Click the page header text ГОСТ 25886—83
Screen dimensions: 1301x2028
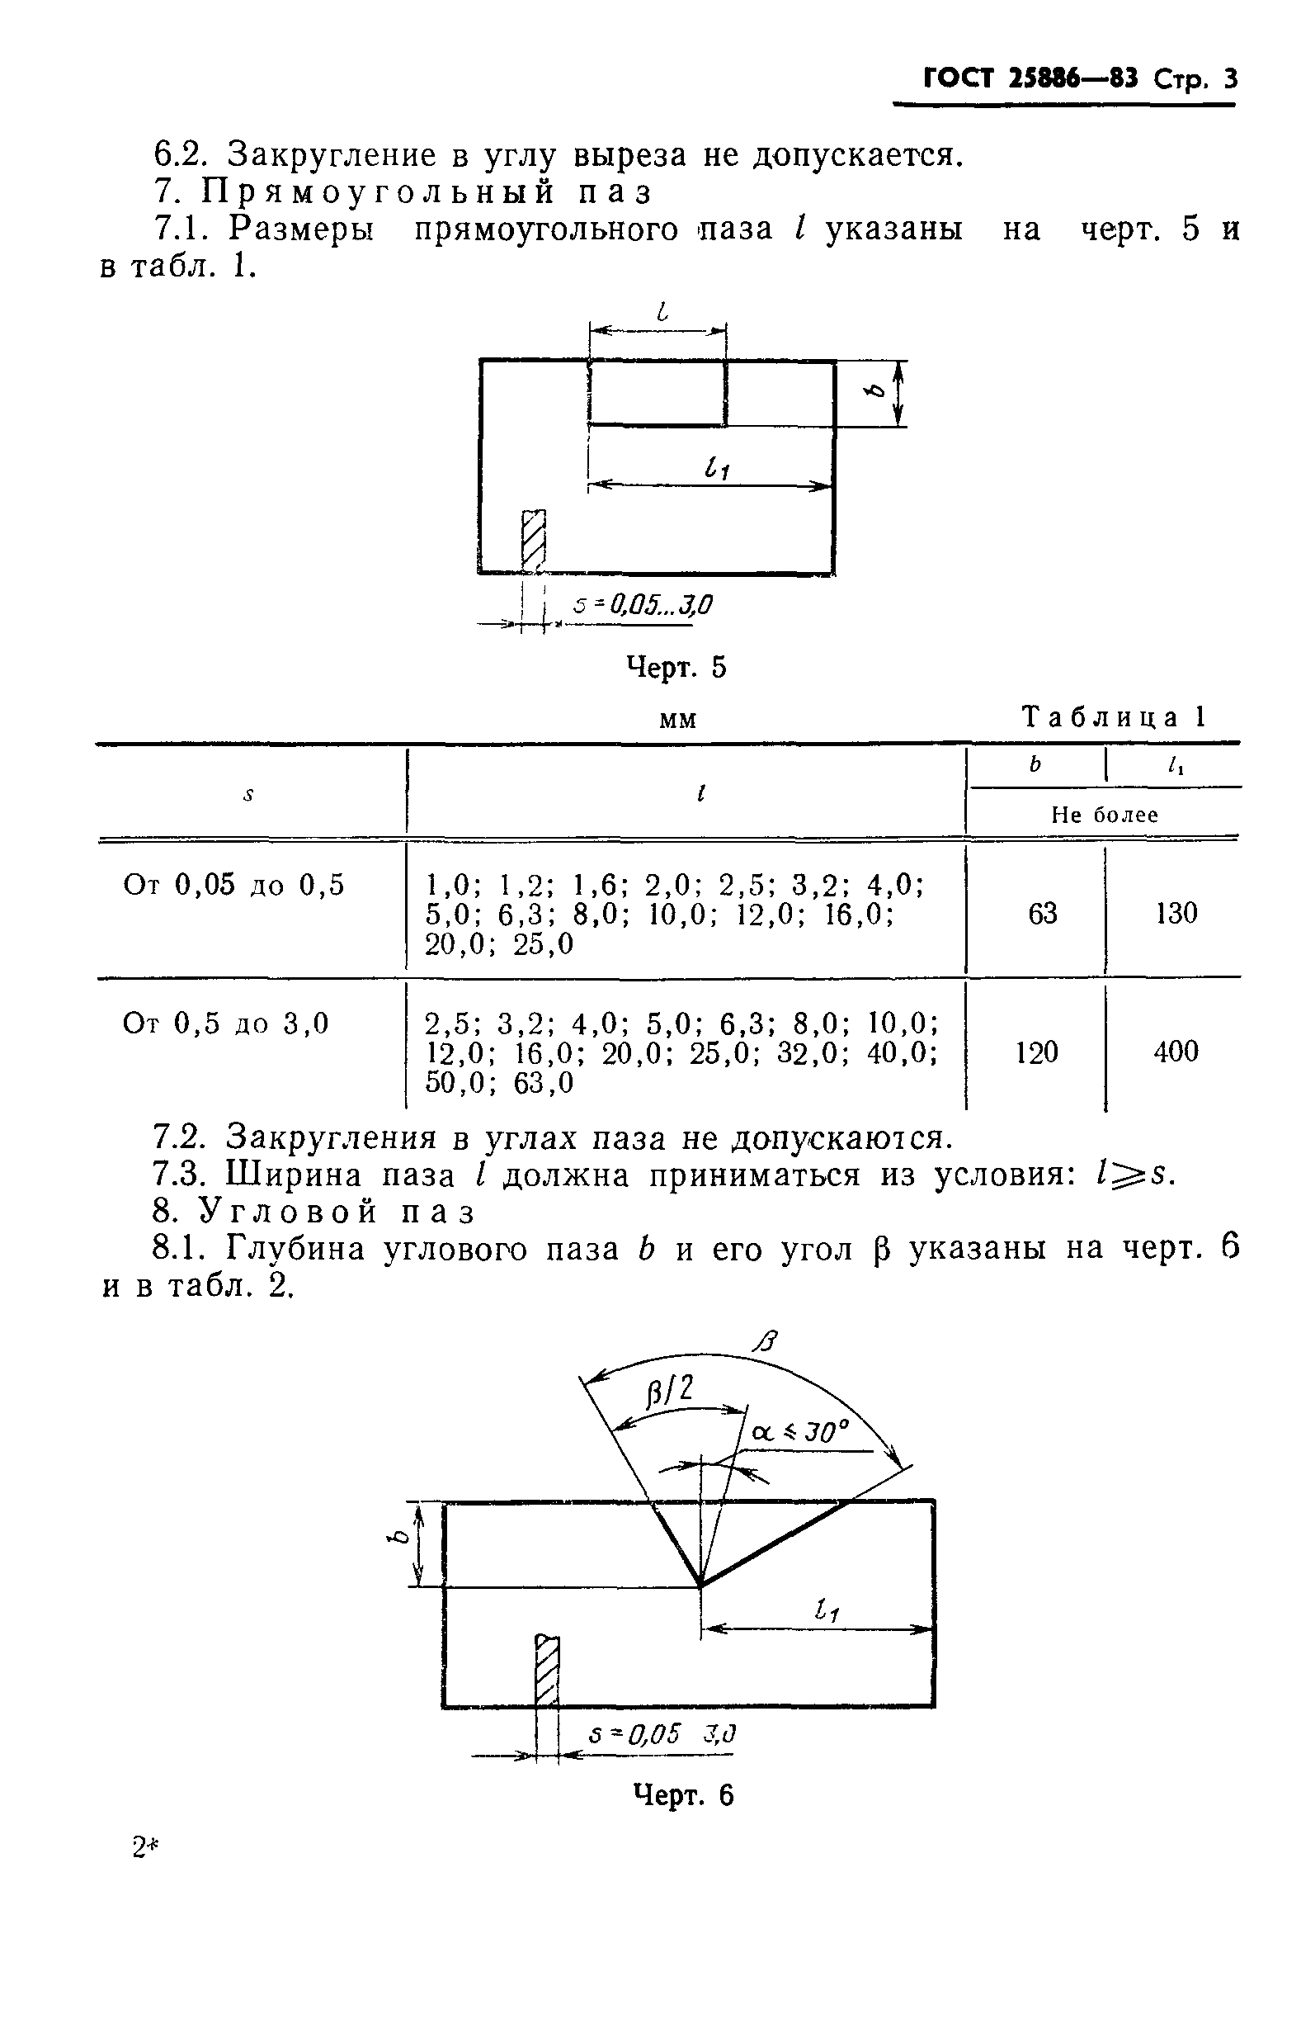pyautogui.click(x=1030, y=79)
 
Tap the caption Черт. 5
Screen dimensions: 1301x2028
pyautogui.click(x=676, y=668)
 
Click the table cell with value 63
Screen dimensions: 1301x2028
pyautogui.click(x=1043, y=914)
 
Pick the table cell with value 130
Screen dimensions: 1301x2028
pyautogui.click(x=1176, y=914)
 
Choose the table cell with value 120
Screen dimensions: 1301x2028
pyautogui.click(x=1036, y=1052)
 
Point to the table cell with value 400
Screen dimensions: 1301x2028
pyautogui.click(x=1176, y=1052)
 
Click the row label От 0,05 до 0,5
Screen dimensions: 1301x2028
pyautogui.click(x=234, y=886)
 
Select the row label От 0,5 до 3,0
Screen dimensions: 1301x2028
pyautogui.click(x=225, y=1024)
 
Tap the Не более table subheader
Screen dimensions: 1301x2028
pyautogui.click(x=1104, y=815)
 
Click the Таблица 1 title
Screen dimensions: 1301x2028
pyautogui.click(x=1115, y=717)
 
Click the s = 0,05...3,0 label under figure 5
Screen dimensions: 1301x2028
pyautogui.click(x=642, y=605)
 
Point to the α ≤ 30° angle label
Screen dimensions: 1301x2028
pyautogui.click(x=799, y=1431)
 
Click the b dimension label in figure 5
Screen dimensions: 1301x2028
pyautogui.click(x=877, y=391)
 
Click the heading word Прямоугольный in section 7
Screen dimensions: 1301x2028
pyautogui.click(x=379, y=192)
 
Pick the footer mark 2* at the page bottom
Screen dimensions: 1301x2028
pyautogui.click(x=145, y=1850)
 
